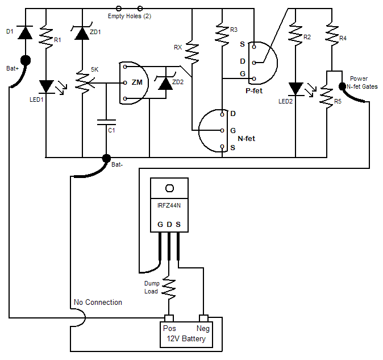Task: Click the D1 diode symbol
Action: (26, 32)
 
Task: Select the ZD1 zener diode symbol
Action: (82, 32)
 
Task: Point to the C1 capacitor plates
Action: (106, 122)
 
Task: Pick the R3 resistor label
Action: (234, 30)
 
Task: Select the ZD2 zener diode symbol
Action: (165, 82)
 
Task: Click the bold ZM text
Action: (137, 82)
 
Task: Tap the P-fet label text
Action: (254, 91)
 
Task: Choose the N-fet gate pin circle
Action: (222, 130)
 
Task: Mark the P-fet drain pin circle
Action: (254, 63)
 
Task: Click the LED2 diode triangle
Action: (295, 89)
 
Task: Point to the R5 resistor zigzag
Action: (327, 96)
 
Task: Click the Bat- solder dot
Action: (106, 159)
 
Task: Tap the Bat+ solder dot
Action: (26, 60)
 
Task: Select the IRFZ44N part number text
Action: (169, 205)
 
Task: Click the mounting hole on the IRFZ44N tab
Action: (169, 188)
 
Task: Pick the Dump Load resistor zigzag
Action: (169, 288)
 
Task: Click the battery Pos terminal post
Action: (169, 318)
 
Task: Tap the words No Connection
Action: (98, 303)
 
